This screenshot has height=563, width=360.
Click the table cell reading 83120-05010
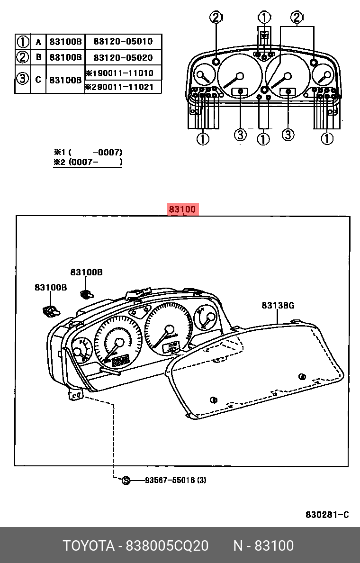[123, 42]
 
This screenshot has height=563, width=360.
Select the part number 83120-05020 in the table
[123, 58]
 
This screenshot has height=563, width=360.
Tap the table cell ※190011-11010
[119, 73]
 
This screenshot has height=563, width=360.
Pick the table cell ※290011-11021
[119, 87]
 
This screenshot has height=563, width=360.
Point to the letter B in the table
[38, 57]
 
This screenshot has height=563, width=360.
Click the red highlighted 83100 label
[183, 209]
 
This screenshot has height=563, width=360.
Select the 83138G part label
[278, 306]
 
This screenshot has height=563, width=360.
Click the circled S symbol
[126, 481]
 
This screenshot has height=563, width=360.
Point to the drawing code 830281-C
[327, 515]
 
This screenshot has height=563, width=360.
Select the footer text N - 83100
[263, 546]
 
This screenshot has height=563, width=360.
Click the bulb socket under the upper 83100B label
[86, 294]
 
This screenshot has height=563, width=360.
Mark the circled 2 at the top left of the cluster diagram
[216, 18]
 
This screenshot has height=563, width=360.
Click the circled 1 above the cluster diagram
[264, 18]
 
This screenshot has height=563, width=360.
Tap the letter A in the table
[38, 42]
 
